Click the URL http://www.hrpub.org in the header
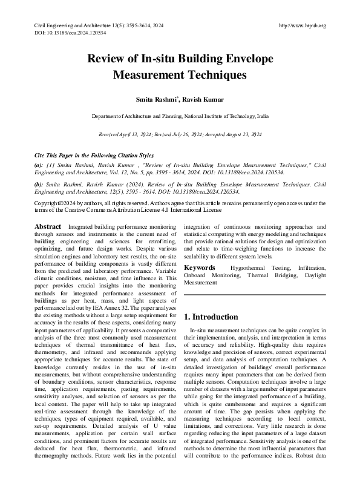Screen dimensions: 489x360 coord(303,25)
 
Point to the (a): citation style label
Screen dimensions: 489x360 coord(39,165)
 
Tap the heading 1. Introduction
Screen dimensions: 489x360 coord(211,317)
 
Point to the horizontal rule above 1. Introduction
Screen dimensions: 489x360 coord(254,295)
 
